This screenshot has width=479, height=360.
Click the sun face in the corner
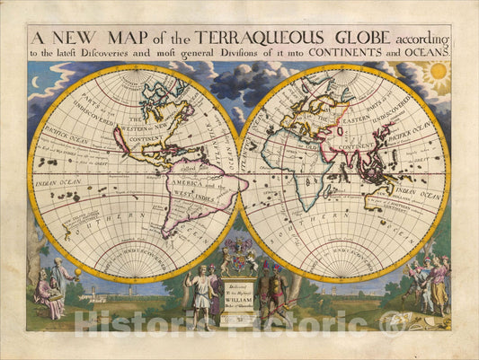pyautogui.click(x=438, y=71)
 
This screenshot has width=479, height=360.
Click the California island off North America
pyautogui.click(x=119, y=140)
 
